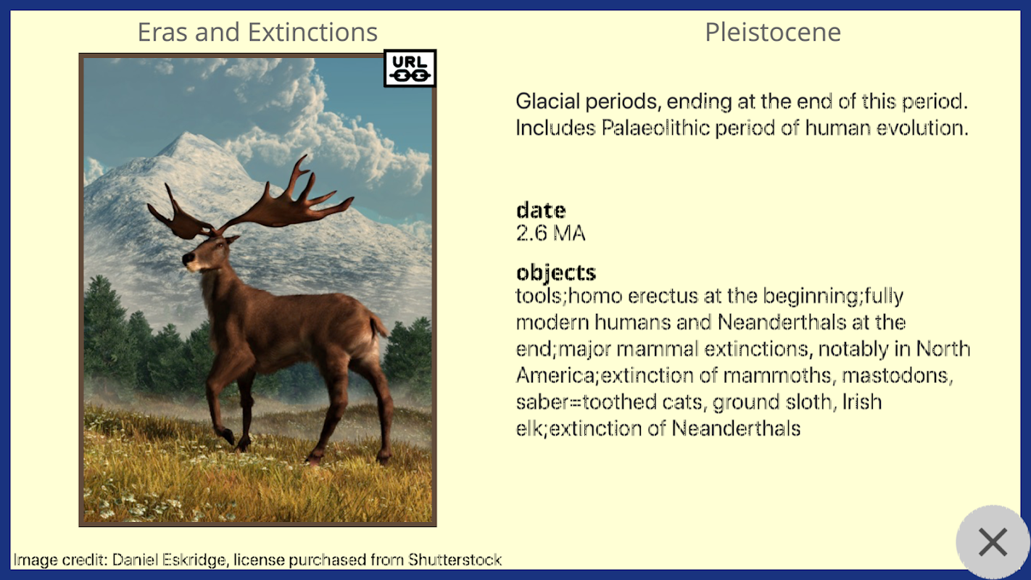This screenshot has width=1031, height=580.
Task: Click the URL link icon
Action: click(410, 68)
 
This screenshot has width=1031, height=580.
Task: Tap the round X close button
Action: click(993, 542)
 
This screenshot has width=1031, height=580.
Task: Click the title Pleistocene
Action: click(773, 32)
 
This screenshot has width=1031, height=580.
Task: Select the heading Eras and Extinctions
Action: click(257, 32)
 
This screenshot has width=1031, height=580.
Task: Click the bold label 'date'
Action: click(541, 210)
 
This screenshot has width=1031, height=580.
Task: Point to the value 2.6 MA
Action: click(550, 233)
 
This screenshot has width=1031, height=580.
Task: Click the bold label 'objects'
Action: click(556, 273)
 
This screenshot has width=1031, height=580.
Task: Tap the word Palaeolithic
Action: click(655, 128)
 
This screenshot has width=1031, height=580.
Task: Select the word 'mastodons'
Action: click(897, 376)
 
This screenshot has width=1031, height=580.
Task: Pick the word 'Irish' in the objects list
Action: click(861, 402)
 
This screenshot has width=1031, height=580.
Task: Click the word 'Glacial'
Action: click(547, 101)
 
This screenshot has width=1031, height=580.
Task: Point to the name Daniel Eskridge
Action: click(169, 560)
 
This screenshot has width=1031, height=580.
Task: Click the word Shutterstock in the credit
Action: click(455, 560)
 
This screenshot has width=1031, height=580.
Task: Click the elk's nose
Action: click(188, 259)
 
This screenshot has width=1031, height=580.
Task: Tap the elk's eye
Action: click(220, 245)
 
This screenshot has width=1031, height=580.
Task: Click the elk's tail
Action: click(378, 325)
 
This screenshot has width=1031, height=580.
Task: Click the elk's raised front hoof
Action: click(228, 436)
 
